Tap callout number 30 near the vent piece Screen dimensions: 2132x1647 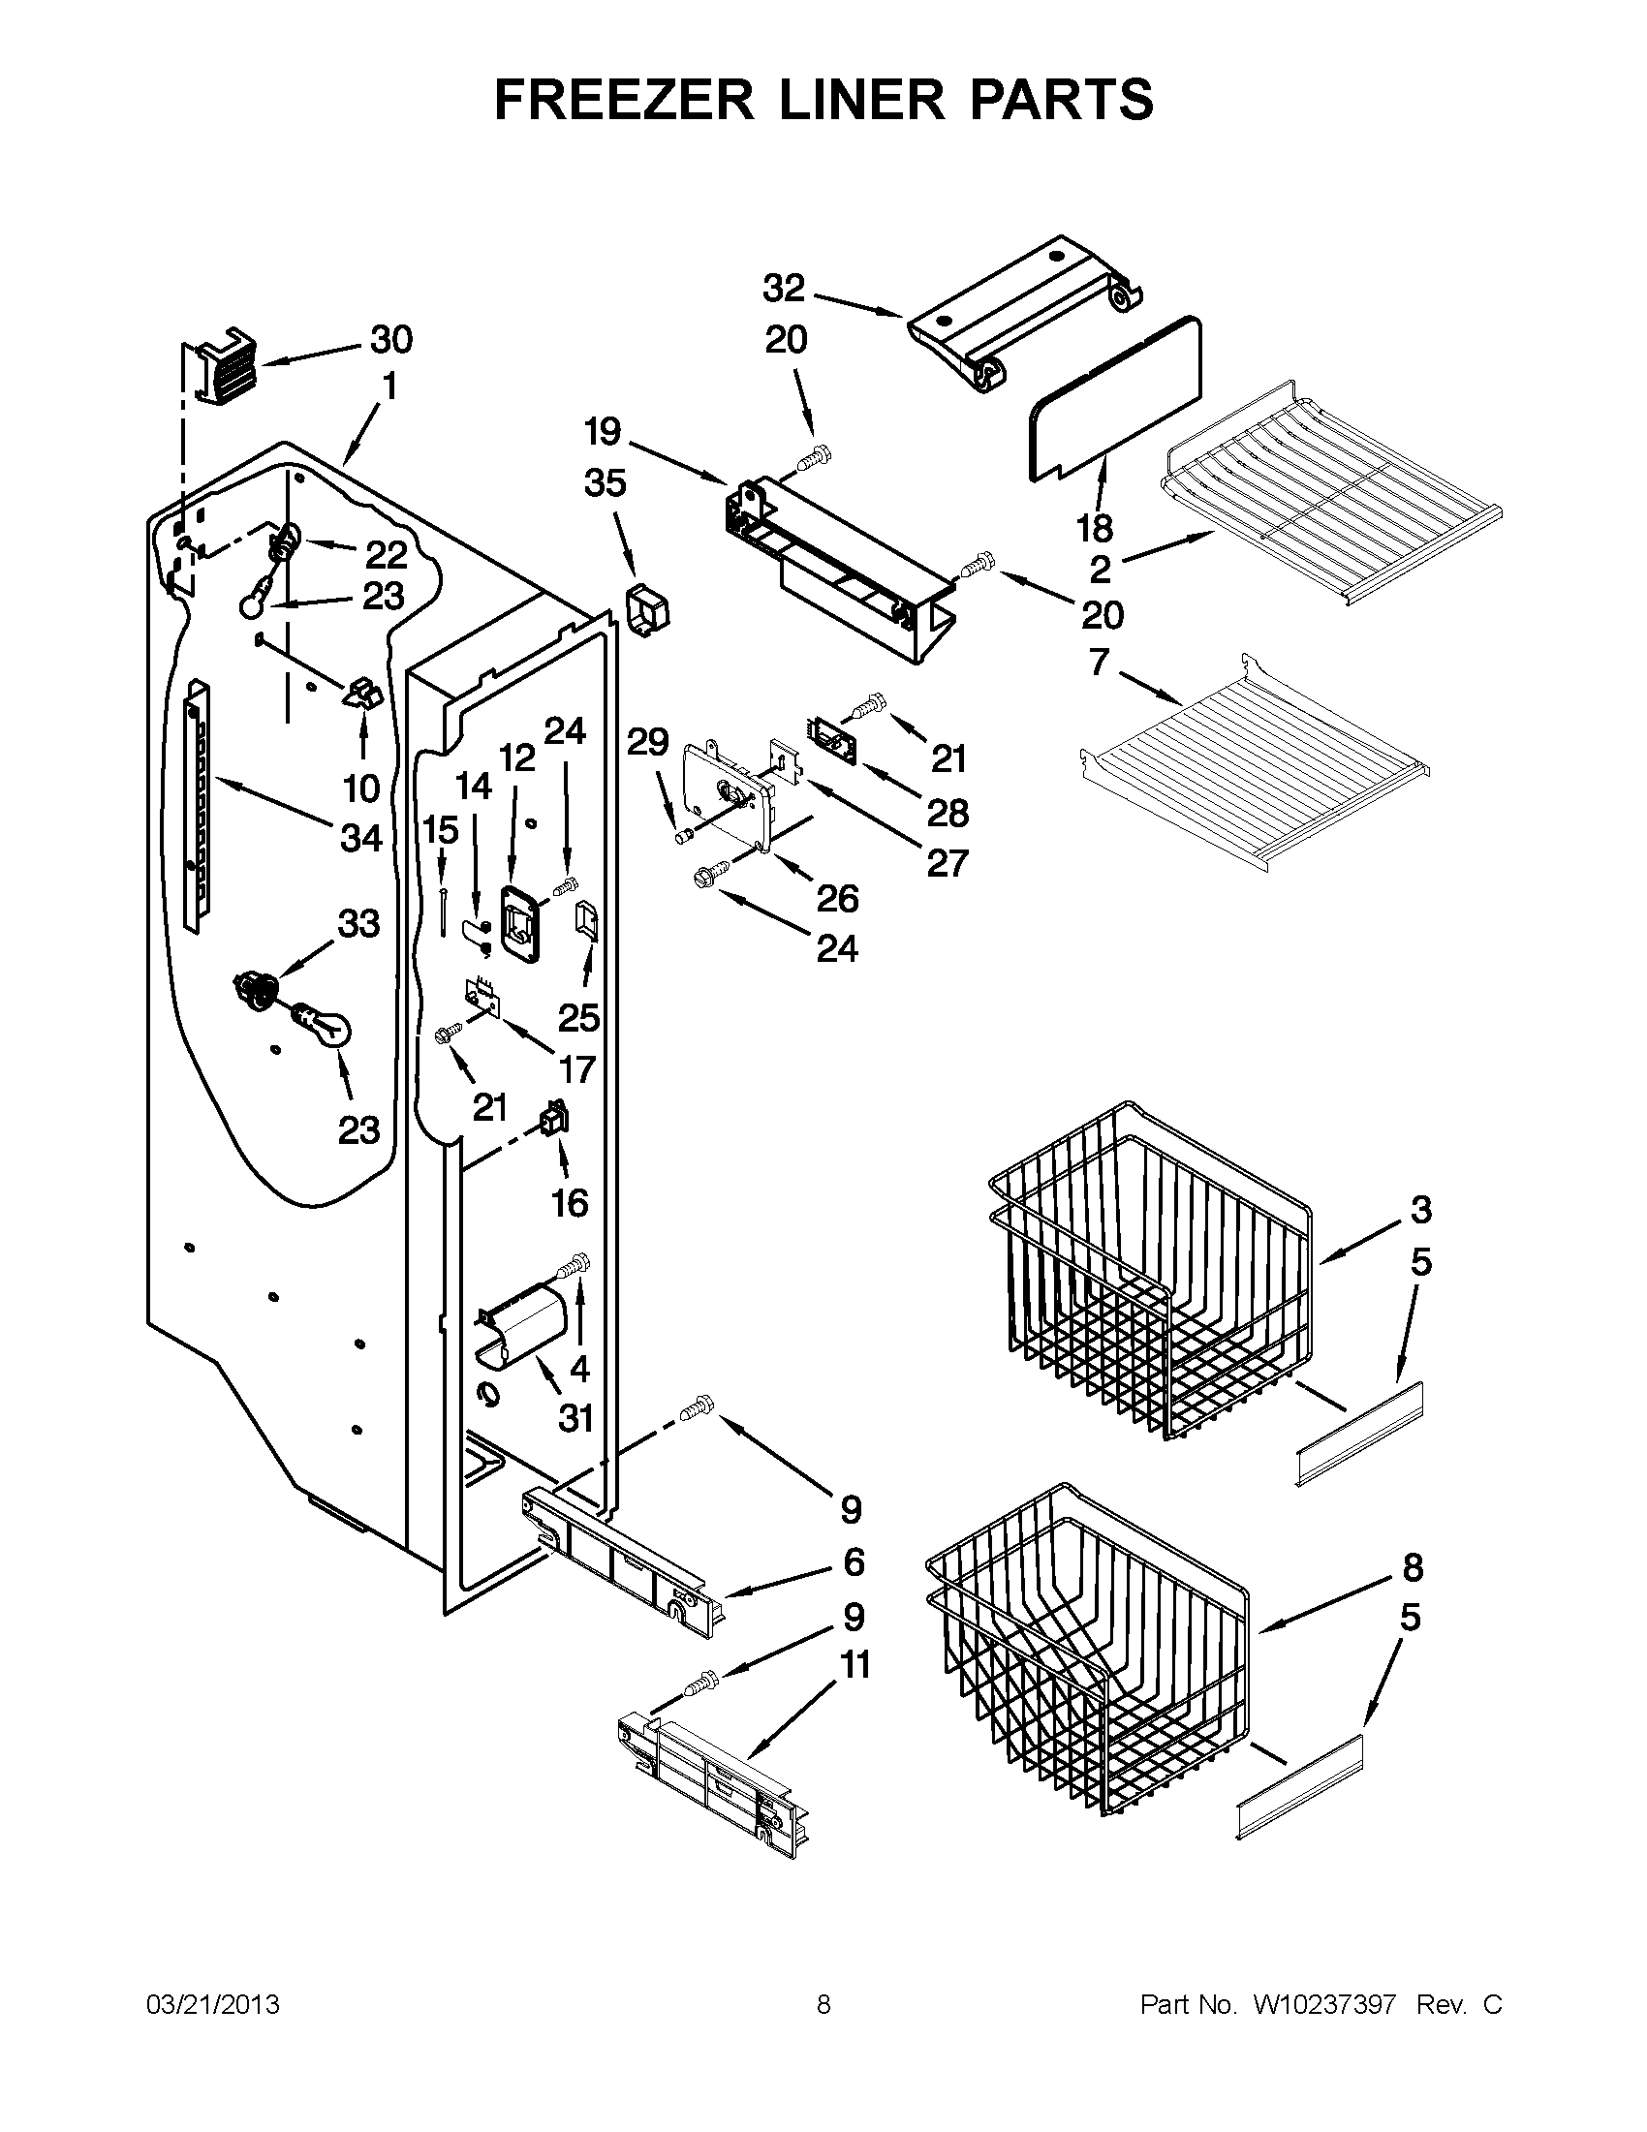[x=390, y=340]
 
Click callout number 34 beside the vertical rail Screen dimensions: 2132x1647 [x=361, y=837]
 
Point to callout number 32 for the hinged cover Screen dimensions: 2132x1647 [x=784, y=289]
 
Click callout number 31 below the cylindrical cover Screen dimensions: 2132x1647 [x=576, y=1417]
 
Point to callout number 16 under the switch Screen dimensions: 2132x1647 [x=569, y=1203]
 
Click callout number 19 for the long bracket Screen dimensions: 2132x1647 [x=604, y=430]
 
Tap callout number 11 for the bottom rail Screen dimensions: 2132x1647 [x=855, y=1664]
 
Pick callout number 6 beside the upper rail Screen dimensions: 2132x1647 [x=854, y=1561]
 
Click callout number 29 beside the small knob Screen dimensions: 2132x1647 [x=647, y=743]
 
